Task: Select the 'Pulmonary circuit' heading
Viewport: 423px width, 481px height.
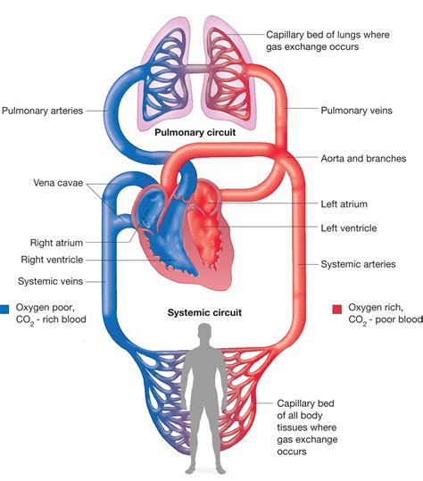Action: tap(195, 132)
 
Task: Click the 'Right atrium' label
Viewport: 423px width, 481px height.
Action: tap(53, 241)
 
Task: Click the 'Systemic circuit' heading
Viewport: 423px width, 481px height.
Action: tap(206, 313)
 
